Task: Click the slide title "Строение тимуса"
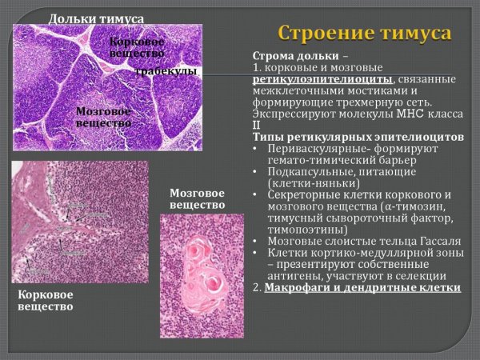[x=364, y=34]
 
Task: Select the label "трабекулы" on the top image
[x=166, y=71]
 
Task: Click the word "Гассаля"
[x=435, y=240]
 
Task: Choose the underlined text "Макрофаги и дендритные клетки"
[x=363, y=286]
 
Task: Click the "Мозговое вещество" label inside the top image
[x=105, y=118]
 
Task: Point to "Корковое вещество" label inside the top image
[x=138, y=46]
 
